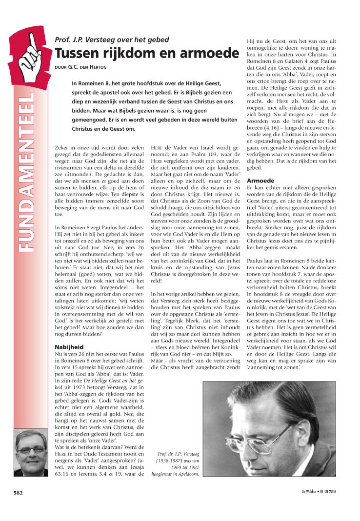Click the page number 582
tap(19, 493)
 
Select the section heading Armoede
tap(261, 180)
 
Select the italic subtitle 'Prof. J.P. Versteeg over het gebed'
tap(112, 39)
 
